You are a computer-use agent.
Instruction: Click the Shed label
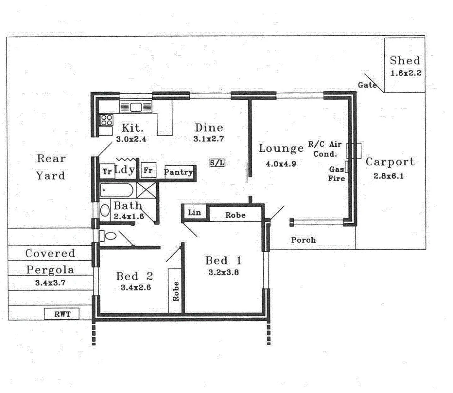pos(405,61)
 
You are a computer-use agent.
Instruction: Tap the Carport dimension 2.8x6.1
pos(389,176)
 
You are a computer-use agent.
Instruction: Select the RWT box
pos(62,314)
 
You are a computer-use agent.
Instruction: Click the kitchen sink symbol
pos(136,107)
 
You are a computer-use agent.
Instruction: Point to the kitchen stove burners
pos(106,120)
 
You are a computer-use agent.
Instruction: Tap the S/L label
pos(218,163)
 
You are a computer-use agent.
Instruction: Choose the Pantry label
pos(178,172)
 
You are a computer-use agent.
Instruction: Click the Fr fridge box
pos(148,170)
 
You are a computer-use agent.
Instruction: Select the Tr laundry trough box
pos(107,172)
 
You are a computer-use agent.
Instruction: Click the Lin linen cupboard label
pos(194,213)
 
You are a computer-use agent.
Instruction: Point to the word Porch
pos(304,240)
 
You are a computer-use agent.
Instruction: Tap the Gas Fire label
pos(337,174)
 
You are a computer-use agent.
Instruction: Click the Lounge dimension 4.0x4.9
pos(281,164)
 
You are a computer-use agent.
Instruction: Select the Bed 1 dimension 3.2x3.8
pos(224,272)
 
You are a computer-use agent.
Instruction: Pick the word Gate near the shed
pos(367,85)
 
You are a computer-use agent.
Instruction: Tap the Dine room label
pos(209,128)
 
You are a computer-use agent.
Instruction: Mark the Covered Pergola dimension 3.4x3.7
pos(50,283)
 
